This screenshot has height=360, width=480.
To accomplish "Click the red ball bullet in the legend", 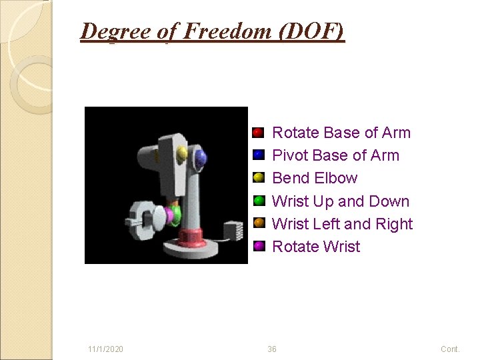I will [x=259, y=133].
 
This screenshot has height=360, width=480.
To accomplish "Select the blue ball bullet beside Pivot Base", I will [x=259, y=155].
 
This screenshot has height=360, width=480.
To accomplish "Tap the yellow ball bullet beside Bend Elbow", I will [x=259, y=178].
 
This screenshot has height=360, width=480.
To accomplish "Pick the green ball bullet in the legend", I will [x=259, y=201].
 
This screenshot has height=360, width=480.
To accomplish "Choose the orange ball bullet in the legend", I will [x=259, y=223].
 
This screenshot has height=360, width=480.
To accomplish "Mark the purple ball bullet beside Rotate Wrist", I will [x=259, y=246].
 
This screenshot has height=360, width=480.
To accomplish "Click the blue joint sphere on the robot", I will [x=199, y=158].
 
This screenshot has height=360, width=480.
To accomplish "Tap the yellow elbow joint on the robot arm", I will [x=182, y=154].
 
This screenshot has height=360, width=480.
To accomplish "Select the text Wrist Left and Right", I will [x=342, y=224].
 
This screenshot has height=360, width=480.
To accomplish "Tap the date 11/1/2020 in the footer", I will [x=105, y=349].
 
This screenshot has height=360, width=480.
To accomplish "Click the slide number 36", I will [x=272, y=349].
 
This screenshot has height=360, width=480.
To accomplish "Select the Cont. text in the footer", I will [x=450, y=349].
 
